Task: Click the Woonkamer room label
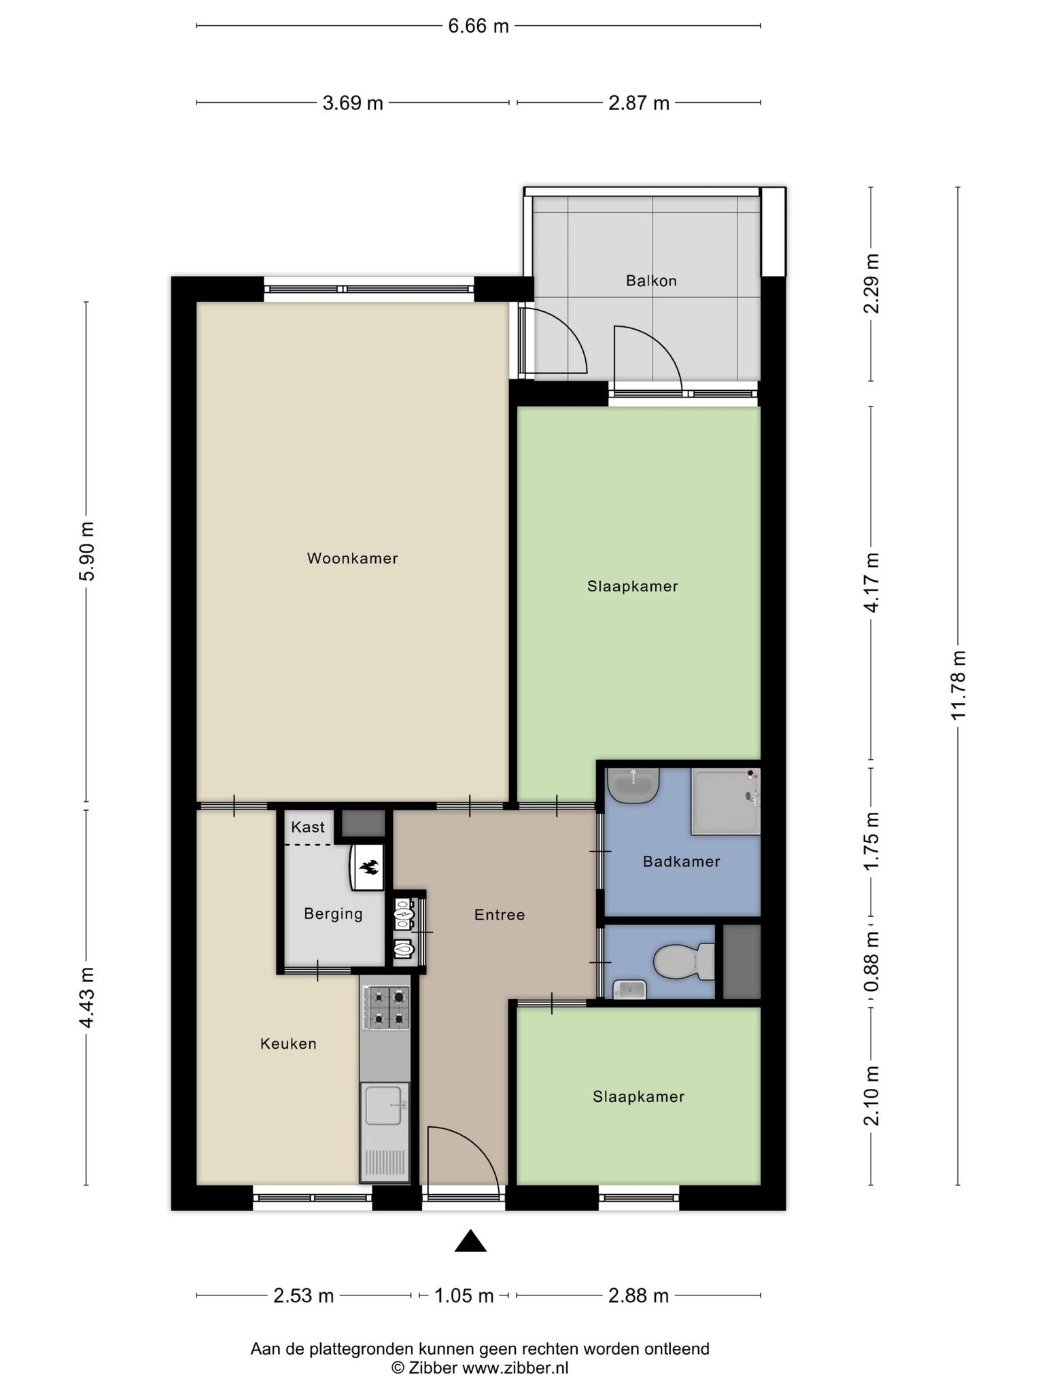tap(352, 559)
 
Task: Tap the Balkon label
tap(651, 281)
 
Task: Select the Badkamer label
tap(681, 862)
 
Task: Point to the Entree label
tap(500, 915)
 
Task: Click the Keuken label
tap(288, 1043)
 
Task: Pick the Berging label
tap(333, 913)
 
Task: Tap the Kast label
tap(308, 827)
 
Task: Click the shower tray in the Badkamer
tap(725, 801)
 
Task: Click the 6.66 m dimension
tap(478, 26)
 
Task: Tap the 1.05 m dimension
tap(464, 1295)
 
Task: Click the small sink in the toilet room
tap(629, 989)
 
